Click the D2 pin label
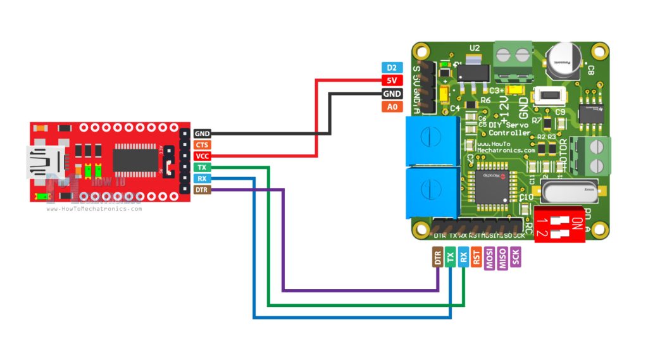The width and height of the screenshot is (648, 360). point(392,68)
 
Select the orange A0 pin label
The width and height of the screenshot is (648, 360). point(392,107)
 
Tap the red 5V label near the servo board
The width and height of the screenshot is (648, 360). point(392,81)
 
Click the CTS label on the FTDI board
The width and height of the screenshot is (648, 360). point(202,145)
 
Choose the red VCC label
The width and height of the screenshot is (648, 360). point(202,156)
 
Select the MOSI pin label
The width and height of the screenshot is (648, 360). point(490,258)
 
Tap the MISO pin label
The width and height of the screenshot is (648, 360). point(503,258)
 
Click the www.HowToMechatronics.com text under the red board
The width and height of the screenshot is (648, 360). point(94,209)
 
